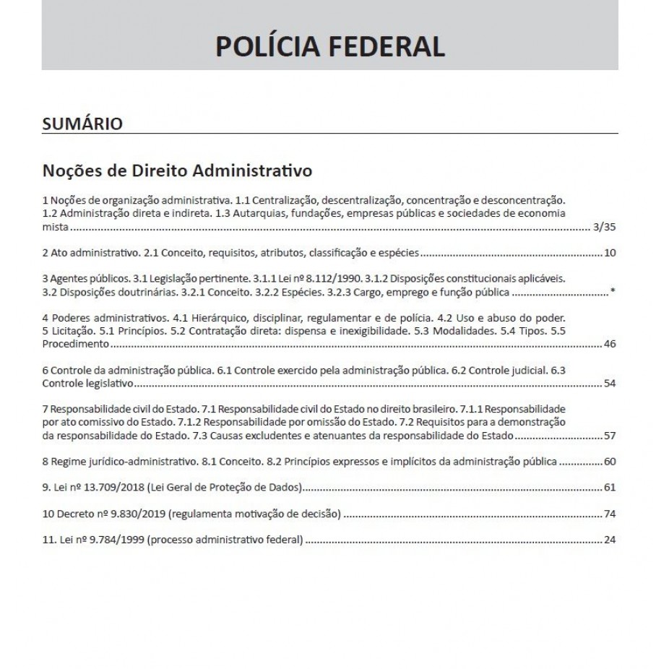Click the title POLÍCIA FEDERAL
click(329, 46)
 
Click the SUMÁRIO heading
click(82, 124)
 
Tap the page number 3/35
click(603, 227)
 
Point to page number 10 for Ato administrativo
click(609, 254)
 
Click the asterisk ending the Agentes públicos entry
click(613, 293)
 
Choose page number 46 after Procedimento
click(609, 344)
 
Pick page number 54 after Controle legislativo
click(609, 383)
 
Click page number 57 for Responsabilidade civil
click(609, 436)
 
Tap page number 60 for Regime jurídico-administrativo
click(609, 462)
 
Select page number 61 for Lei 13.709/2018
click(609, 488)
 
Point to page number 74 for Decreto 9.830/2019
click(609, 514)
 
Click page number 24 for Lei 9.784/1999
click(609, 540)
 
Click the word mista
click(55, 227)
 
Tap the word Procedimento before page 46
click(69, 344)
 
